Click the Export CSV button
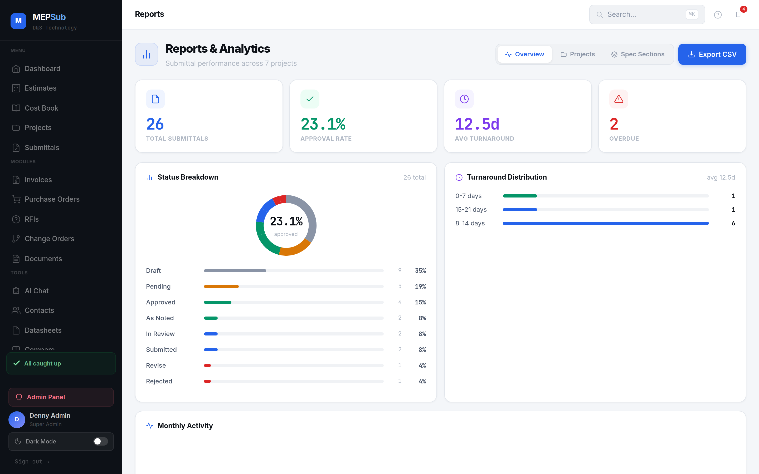(712, 54)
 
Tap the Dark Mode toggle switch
(100, 441)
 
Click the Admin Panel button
(61, 397)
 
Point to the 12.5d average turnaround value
(477, 124)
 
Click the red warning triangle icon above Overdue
(619, 99)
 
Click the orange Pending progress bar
(221, 287)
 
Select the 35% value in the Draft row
(420, 270)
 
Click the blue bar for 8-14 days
(605, 223)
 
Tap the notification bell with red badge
(738, 14)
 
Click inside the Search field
(643, 14)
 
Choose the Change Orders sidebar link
(49, 239)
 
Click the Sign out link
(32, 461)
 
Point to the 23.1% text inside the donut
(286, 221)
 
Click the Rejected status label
(159, 381)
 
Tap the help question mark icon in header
(718, 14)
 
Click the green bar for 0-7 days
(520, 196)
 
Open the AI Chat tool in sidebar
(36, 291)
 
